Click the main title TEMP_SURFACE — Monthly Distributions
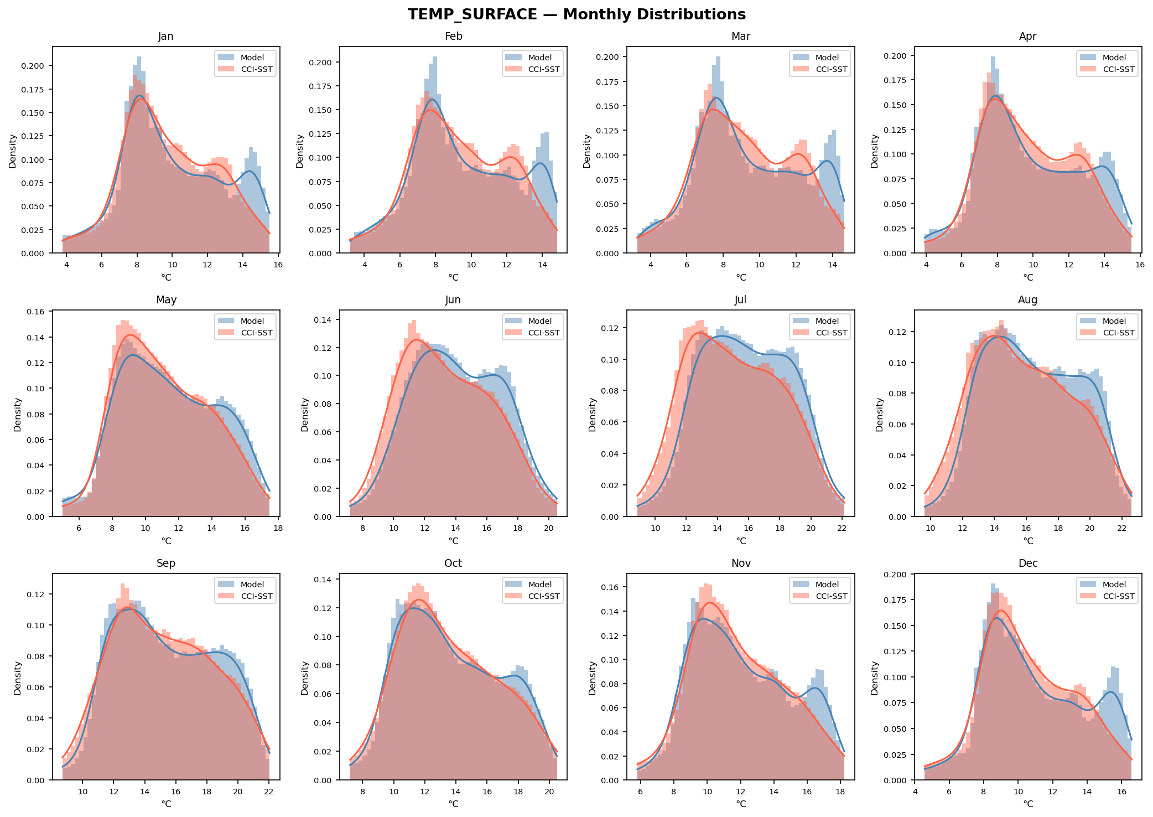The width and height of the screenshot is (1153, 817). (x=576, y=14)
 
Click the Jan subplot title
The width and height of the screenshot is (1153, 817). (x=166, y=37)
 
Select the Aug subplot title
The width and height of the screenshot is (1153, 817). (x=1027, y=300)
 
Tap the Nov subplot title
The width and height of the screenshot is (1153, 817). (x=741, y=563)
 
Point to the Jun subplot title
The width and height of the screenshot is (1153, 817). (x=453, y=300)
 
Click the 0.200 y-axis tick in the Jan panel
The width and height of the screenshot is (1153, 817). (x=37, y=66)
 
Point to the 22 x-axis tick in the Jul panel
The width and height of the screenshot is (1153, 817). (x=842, y=528)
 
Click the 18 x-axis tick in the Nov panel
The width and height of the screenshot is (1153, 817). (x=840, y=792)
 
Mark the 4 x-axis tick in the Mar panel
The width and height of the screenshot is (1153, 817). (x=651, y=265)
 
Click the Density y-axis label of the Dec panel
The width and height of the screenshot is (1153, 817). (x=875, y=678)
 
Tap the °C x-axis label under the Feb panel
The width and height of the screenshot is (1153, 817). (x=453, y=277)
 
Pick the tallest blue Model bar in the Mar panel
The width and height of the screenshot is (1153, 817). (x=718, y=155)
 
